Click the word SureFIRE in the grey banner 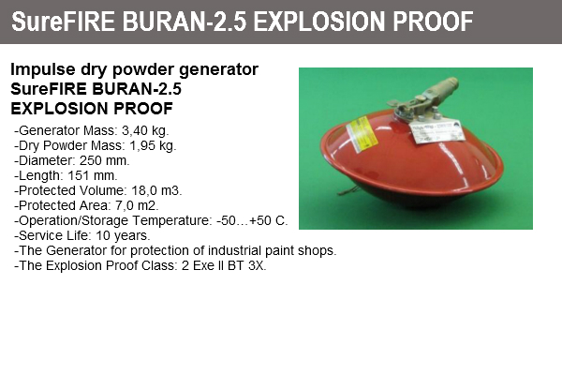point(63,22)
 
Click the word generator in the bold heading point(218,70)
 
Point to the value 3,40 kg point(145,131)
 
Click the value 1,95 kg point(153,146)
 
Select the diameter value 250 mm point(105,160)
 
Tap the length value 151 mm point(93,176)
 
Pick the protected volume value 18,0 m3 point(156,191)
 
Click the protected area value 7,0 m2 point(137,206)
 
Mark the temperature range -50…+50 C point(252,220)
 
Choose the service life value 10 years point(123,236)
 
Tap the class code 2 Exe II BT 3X point(224,266)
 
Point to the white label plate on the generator point(438,131)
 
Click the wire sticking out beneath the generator point(347,191)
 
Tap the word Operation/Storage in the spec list point(73,221)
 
